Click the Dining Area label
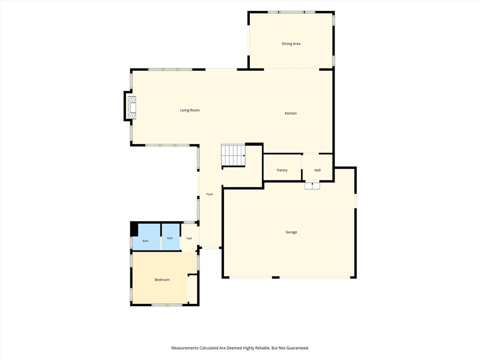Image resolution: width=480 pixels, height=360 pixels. click(x=291, y=44)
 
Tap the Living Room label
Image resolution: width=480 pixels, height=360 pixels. click(x=190, y=110)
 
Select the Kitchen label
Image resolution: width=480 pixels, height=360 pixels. click(x=291, y=113)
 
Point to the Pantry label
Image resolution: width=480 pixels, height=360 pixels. click(x=282, y=170)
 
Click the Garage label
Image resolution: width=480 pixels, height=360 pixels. click(x=292, y=232)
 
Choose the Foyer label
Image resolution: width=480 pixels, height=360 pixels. click(x=210, y=194)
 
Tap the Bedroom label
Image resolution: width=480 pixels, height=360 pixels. click(x=162, y=280)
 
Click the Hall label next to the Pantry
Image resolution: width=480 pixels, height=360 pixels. click(x=317, y=170)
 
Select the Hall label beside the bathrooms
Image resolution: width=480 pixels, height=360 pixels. click(x=189, y=239)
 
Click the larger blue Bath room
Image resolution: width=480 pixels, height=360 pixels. click(x=146, y=237)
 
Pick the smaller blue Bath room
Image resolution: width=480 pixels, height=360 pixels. click(x=171, y=237)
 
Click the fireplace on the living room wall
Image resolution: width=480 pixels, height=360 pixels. click(x=132, y=108)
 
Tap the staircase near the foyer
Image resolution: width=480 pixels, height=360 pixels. click(x=233, y=155)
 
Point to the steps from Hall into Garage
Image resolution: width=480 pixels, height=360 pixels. click(x=312, y=186)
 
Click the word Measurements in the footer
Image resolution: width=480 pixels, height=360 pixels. click(x=185, y=348)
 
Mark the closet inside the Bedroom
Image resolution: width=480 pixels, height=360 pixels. click(x=192, y=289)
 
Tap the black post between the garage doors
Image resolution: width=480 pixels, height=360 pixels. click(x=276, y=277)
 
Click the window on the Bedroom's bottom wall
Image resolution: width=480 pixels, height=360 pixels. click(x=167, y=305)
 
